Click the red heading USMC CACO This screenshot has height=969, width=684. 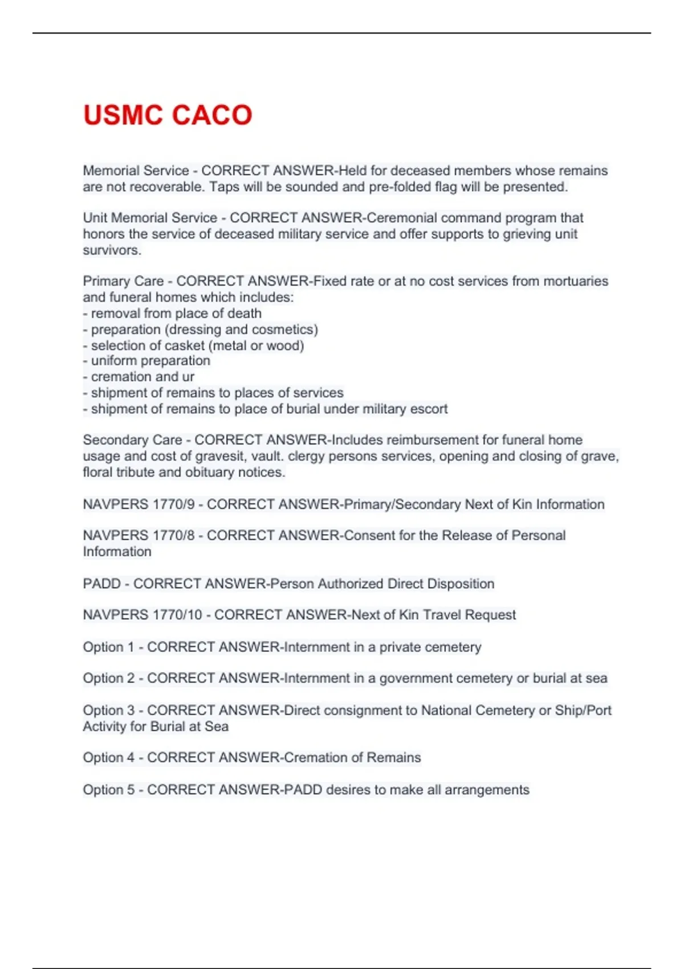(168, 115)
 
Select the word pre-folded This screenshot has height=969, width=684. (400, 187)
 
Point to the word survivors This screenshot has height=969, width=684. (112, 250)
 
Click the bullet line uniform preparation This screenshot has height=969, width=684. (150, 361)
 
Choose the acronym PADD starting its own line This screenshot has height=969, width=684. (101, 584)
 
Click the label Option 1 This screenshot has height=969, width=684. (108, 647)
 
